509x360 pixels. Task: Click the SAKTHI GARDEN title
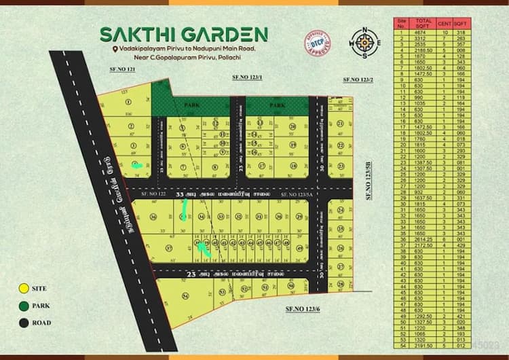(x=184, y=34)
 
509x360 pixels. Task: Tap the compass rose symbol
(x=364, y=43)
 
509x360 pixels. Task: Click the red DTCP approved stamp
(x=317, y=43)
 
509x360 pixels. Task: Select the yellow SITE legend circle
(x=24, y=289)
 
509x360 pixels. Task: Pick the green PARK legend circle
(x=24, y=306)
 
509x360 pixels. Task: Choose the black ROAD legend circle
(x=24, y=323)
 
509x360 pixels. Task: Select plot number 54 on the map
(x=185, y=296)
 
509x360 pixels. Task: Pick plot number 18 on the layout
(x=293, y=166)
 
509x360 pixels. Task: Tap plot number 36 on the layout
(x=154, y=217)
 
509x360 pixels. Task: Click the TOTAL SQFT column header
(x=422, y=22)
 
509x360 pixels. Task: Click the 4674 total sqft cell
(x=422, y=33)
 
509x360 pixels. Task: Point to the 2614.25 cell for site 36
(x=422, y=238)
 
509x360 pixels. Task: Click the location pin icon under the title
(x=117, y=49)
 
